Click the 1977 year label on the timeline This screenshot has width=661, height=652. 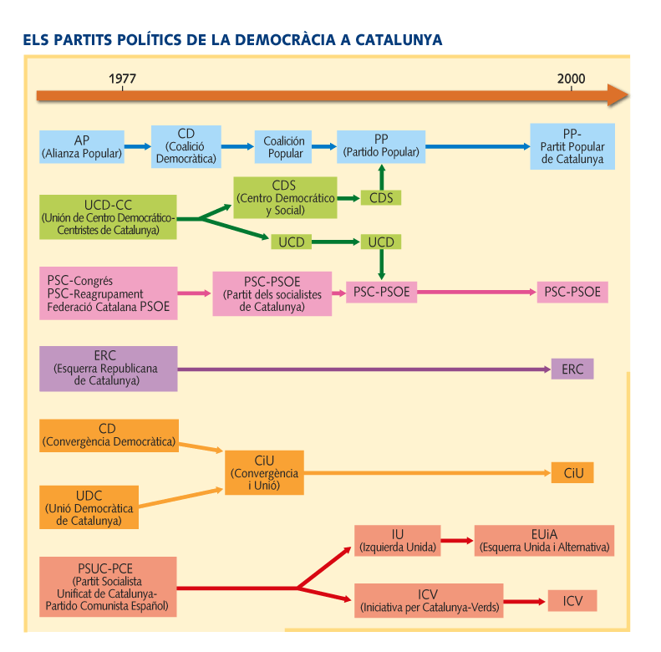[122, 79]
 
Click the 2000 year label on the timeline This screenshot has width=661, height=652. [572, 79]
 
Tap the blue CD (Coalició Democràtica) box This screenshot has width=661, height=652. [186, 146]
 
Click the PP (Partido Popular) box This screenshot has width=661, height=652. [381, 146]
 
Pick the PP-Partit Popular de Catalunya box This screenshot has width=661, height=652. [572, 146]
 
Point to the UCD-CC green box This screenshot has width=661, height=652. [109, 216]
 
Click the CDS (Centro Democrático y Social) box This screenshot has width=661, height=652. [284, 197]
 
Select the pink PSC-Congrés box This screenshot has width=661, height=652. [108, 293]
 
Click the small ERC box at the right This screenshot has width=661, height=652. [572, 369]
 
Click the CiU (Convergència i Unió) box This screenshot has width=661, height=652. [264, 472]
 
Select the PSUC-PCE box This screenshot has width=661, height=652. [108, 587]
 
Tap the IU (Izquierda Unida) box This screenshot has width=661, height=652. [397, 541]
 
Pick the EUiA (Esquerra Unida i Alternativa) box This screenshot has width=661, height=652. [544, 541]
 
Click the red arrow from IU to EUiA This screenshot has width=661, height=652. [457, 541]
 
